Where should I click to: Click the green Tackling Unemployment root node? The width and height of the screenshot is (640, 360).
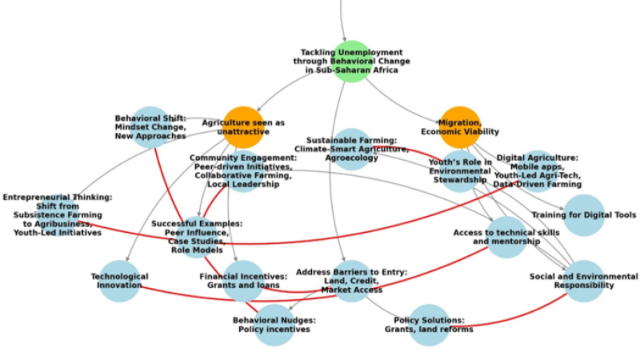[x=343, y=61]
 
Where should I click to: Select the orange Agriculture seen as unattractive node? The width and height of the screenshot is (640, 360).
[x=243, y=127]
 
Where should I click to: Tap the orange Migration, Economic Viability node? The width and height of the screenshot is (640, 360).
[x=460, y=127]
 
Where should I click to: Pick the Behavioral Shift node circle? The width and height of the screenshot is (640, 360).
[x=150, y=127]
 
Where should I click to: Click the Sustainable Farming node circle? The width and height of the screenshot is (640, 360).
[x=351, y=149]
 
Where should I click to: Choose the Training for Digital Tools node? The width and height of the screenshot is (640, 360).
[x=584, y=215]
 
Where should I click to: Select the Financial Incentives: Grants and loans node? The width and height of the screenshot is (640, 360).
[x=243, y=281]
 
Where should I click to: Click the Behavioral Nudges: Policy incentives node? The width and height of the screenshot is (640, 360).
[x=274, y=325]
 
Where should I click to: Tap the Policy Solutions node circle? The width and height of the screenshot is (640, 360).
[x=429, y=325]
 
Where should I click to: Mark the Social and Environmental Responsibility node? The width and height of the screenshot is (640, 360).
[x=584, y=281]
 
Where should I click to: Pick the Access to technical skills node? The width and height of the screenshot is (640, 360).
[x=506, y=237]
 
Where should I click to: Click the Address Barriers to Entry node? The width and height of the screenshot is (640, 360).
[x=351, y=281]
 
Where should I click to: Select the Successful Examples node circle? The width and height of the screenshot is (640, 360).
[x=197, y=237]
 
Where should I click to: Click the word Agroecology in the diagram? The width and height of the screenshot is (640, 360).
[x=351, y=158]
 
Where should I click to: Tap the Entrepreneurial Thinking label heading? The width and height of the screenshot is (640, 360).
[x=58, y=197]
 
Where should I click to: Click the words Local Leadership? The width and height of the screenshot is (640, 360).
[x=243, y=184]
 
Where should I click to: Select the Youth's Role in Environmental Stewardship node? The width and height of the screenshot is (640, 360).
[x=460, y=170]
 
